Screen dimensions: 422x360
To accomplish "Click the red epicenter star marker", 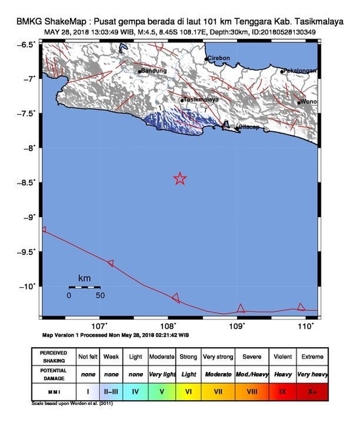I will [x=180, y=179].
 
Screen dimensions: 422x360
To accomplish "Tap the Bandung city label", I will [x=154, y=71].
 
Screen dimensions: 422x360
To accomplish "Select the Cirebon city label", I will [x=218, y=58].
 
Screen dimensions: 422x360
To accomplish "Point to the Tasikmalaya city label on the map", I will [x=201, y=99].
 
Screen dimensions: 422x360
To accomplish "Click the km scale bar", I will [x=84, y=287].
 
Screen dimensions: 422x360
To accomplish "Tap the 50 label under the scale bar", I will [x=100, y=295].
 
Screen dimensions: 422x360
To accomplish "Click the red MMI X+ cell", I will [x=312, y=392].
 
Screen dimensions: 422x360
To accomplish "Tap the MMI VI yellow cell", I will [x=189, y=392].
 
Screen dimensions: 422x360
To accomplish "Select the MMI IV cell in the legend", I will [x=135, y=392].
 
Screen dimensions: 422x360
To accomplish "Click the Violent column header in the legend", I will [x=282, y=357].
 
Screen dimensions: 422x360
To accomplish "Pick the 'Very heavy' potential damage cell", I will [x=312, y=374].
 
